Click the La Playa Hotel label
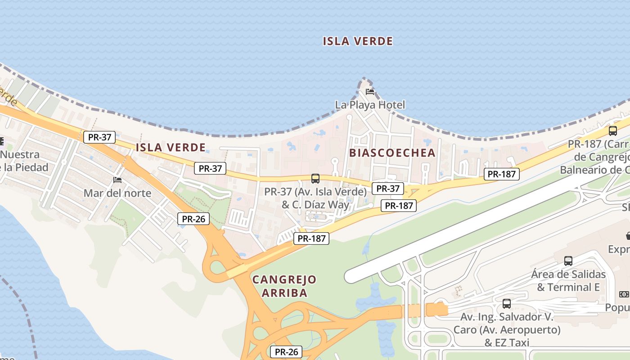tap(370, 105)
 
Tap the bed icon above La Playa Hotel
tap(370, 92)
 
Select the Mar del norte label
tap(117, 193)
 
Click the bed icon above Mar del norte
tap(117, 180)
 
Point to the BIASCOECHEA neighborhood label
tap(392, 153)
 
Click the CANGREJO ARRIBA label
tap(284, 286)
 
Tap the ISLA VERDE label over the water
tap(358, 41)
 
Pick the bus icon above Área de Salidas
tap(568, 261)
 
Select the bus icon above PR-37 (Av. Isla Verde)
tap(315, 179)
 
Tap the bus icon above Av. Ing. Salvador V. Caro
tap(507, 304)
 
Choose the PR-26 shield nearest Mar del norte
tap(193, 219)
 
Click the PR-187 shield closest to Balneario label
tap(502, 174)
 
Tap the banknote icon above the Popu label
tap(624, 294)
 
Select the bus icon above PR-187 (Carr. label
tap(612, 131)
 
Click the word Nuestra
tap(20, 155)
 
